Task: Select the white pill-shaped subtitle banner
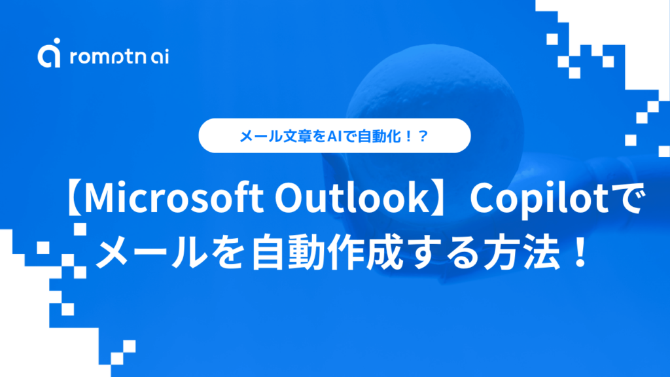tap(334, 136)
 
